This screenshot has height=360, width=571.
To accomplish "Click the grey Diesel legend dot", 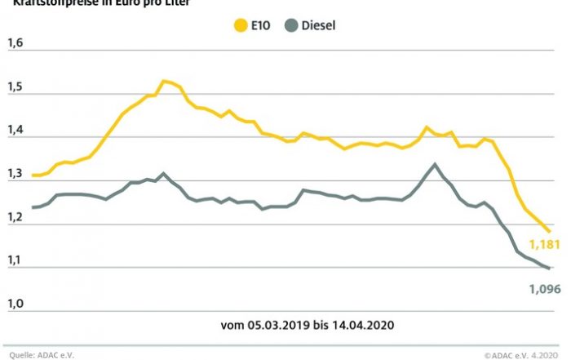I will (x=290, y=25).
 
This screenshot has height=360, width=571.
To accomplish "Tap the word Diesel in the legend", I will (x=319, y=25).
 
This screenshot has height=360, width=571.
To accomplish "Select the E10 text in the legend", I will (x=261, y=25).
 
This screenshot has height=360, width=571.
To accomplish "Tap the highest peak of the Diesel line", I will (x=435, y=164).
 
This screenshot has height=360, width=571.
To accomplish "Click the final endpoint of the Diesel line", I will (x=548, y=269).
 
